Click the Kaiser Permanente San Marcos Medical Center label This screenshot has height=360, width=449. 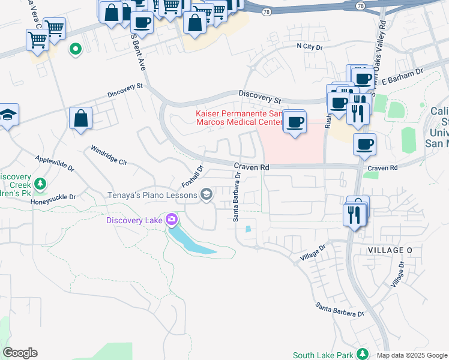click(239, 118)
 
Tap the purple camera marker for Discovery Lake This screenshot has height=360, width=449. click(172, 220)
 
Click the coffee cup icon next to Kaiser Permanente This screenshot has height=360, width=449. click(294, 122)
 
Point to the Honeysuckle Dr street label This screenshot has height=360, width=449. click(53, 197)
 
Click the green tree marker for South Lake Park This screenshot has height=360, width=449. click(362, 354)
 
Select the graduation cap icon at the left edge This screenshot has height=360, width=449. click(8, 115)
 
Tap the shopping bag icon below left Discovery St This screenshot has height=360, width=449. click(80, 119)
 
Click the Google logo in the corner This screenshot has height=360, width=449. click(20, 353)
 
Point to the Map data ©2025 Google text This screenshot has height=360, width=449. click(412, 355)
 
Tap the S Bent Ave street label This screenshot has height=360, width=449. click(139, 51)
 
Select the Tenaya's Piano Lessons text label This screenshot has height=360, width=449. click(152, 195)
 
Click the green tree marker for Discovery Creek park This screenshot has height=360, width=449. click(40, 183)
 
